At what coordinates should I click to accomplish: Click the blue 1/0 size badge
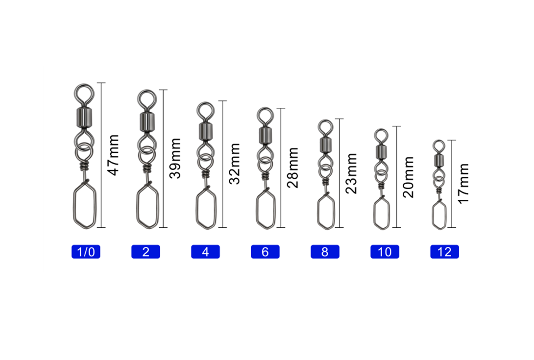(86, 252)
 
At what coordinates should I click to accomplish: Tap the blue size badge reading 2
(146, 252)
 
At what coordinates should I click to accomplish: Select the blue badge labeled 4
(205, 252)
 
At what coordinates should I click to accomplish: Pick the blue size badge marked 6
(266, 252)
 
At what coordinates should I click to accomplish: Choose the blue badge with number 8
(325, 252)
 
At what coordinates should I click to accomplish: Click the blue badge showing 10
(385, 252)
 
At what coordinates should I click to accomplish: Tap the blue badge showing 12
(444, 252)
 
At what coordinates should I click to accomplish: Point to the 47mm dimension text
(113, 155)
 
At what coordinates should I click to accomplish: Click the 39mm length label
(175, 158)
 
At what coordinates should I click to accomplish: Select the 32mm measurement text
(234, 164)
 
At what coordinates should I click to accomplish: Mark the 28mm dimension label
(292, 168)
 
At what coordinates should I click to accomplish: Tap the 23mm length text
(351, 173)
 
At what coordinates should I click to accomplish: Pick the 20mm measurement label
(408, 177)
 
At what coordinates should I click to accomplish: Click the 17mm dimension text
(463, 184)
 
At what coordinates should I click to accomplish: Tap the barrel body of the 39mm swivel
(147, 122)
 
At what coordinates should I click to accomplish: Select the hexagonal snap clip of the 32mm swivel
(197, 208)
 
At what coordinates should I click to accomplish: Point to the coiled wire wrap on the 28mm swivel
(265, 176)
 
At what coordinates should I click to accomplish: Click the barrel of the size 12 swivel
(439, 160)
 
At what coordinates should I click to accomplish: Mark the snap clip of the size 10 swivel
(374, 213)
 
